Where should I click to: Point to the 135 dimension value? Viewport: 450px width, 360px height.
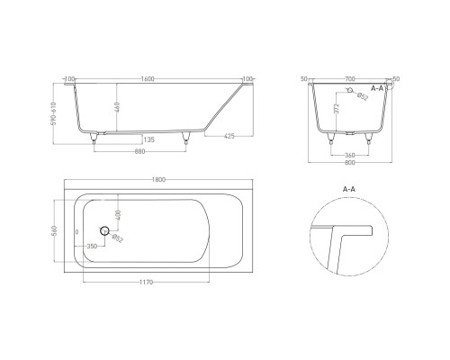[x=148, y=139]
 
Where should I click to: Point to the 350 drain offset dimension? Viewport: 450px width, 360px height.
[x=92, y=246]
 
